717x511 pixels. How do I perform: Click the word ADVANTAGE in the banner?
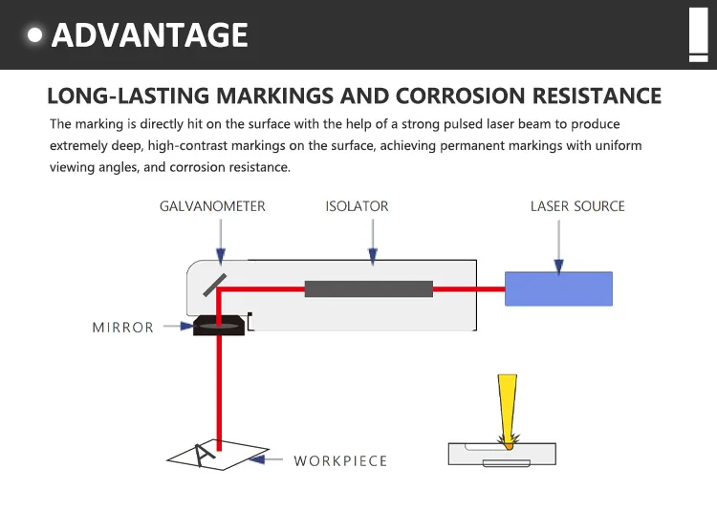(x=150, y=35)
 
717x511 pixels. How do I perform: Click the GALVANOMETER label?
(x=212, y=206)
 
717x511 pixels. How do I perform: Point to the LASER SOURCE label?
(x=577, y=206)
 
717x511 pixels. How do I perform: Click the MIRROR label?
(x=122, y=328)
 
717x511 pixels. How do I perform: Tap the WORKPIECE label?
(x=340, y=460)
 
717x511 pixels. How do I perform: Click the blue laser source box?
(x=558, y=288)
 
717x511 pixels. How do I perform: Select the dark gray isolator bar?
(x=369, y=288)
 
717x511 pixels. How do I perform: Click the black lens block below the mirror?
(x=219, y=327)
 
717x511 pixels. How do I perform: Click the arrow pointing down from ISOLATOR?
(x=372, y=244)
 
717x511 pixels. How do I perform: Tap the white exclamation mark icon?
(x=697, y=32)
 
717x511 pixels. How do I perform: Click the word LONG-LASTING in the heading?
(x=128, y=96)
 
